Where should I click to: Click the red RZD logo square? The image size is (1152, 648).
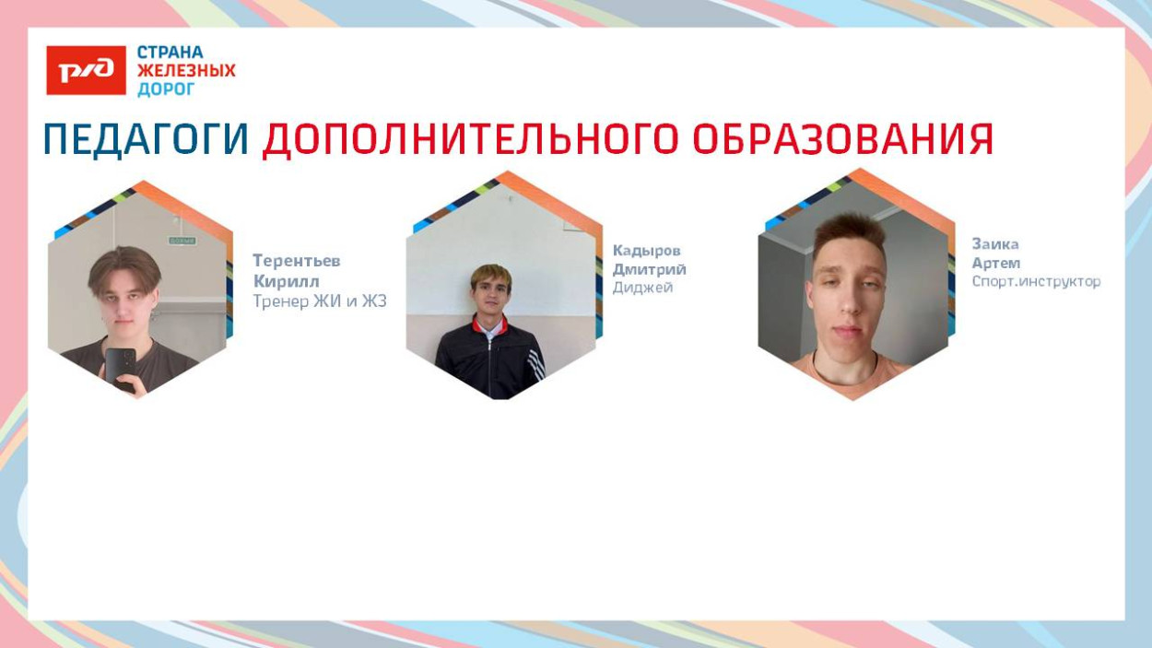tap(86, 71)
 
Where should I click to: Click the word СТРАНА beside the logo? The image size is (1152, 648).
tap(170, 53)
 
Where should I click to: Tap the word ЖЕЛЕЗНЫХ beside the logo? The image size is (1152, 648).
tap(186, 71)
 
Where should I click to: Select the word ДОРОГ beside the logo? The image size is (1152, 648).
tap(166, 89)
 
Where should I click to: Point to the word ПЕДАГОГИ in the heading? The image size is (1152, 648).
tap(147, 139)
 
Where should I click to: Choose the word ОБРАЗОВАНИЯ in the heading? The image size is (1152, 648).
tap(842, 139)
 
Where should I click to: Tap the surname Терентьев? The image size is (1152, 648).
tap(297, 261)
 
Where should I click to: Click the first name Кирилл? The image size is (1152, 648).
tap(286, 281)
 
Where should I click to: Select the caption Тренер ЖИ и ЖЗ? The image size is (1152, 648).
tap(319, 301)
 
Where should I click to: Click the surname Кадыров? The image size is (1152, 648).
tap(647, 251)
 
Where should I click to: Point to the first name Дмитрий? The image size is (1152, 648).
tap(650, 269)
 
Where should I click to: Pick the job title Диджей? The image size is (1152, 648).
tap(642, 288)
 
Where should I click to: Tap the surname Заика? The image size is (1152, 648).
tap(995, 244)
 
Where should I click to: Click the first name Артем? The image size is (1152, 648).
tap(996, 263)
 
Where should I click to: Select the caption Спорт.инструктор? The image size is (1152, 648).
tap(1036, 281)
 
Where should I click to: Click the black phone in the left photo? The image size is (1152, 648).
tap(120, 366)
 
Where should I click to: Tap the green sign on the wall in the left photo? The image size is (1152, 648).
tap(182, 241)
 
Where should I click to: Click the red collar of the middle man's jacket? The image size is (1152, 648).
tap(488, 324)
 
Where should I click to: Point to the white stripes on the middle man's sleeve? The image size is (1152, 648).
tap(535, 365)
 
